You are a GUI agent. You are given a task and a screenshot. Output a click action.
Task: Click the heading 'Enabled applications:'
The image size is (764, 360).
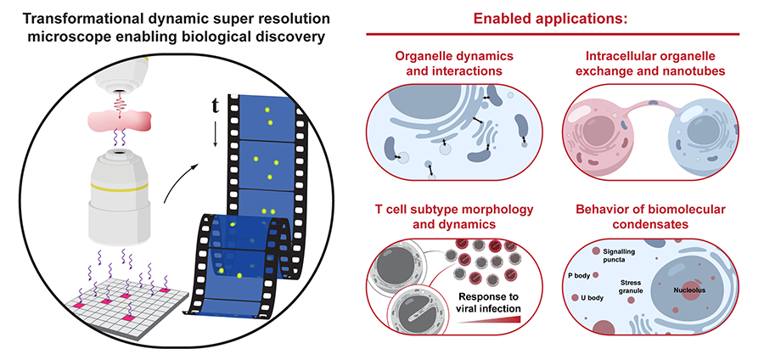click(553, 19)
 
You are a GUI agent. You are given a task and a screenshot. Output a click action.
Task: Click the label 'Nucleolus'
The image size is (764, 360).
click(691, 290)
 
